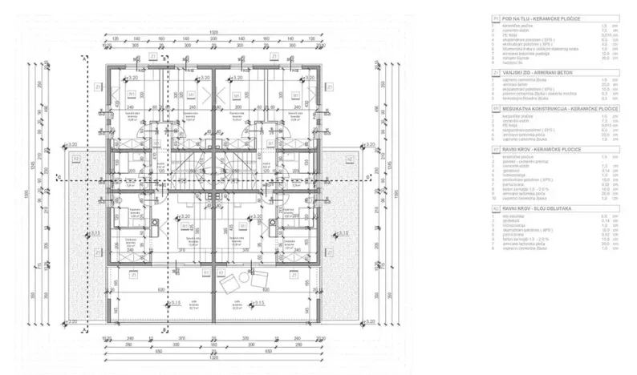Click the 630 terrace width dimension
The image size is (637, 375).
tap(160, 290)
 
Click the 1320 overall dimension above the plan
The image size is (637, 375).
tap(213, 31)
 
